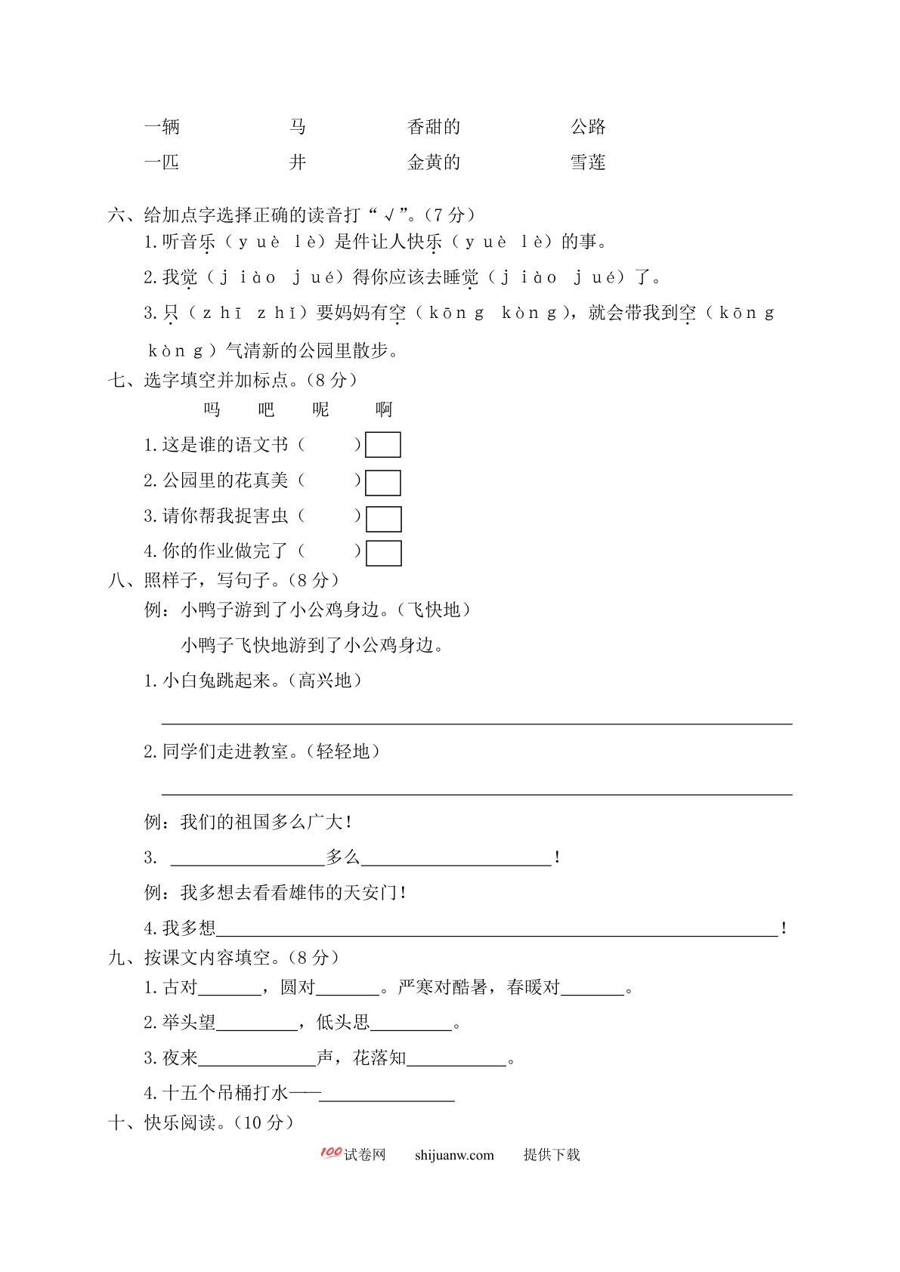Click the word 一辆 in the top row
click(162, 127)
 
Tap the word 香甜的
click(433, 127)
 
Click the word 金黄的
click(433, 162)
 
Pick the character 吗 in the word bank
click(212, 409)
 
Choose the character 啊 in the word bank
click(384, 409)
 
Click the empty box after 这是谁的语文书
click(382, 445)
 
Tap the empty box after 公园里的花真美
click(382, 483)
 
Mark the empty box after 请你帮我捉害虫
click(383, 519)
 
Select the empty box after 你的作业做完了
click(383, 553)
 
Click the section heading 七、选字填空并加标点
click(233, 380)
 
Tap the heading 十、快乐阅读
click(200, 1122)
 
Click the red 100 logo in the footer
click(330, 1153)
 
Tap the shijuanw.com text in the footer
click(454, 1155)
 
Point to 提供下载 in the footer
click(552, 1155)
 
